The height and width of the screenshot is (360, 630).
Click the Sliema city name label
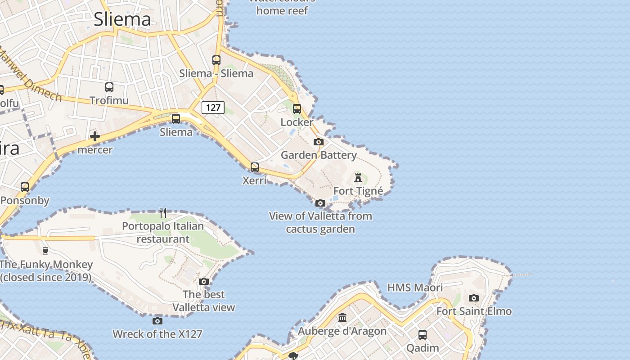(x=122, y=19)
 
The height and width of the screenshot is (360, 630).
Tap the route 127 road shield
(x=213, y=108)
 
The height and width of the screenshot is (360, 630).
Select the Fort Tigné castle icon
(x=358, y=177)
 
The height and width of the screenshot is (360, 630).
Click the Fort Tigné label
(x=358, y=191)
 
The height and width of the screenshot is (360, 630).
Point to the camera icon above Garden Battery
(x=319, y=142)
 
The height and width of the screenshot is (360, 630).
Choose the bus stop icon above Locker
(x=297, y=109)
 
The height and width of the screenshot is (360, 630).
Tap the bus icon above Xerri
(x=255, y=167)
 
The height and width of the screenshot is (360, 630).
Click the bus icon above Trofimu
(x=109, y=87)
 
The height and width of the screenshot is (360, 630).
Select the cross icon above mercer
(x=95, y=136)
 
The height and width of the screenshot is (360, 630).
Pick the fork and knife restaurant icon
(x=163, y=212)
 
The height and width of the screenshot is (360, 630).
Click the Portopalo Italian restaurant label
(x=163, y=232)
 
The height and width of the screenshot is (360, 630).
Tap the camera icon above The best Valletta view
(x=204, y=282)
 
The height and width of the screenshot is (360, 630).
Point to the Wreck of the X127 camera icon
(x=157, y=321)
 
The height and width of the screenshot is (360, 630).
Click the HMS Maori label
(x=415, y=288)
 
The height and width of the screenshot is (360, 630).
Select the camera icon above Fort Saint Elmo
(x=474, y=298)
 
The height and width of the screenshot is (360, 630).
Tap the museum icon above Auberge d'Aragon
(x=343, y=318)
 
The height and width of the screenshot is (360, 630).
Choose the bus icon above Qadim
(x=423, y=335)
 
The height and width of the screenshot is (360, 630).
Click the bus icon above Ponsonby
(x=25, y=187)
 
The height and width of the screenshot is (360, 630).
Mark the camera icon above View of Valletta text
(x=320, y=203)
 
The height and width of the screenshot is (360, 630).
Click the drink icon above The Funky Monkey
(x=45, y=251)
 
